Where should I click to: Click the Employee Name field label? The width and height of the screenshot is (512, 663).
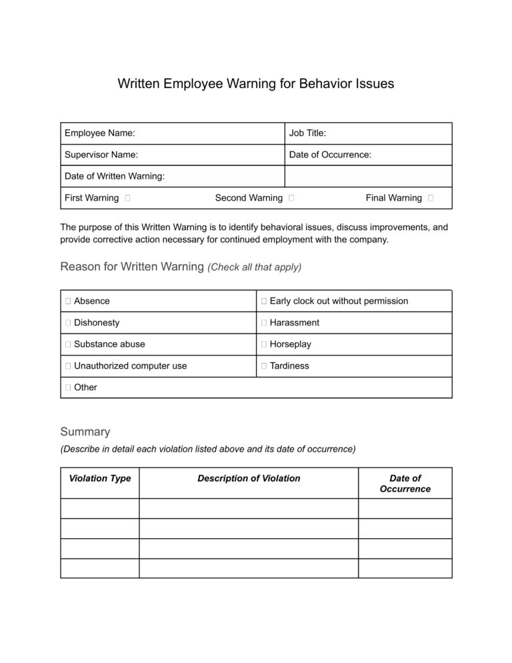pyautogui.click(x=99, y=133)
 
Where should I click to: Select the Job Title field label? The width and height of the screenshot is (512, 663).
pyautogui.click(x=307, y=133)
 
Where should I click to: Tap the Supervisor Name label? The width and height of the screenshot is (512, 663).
pyautogui.click(x=101, y=155)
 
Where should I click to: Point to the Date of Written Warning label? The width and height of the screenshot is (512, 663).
pyautogui.click(x=114, y=176)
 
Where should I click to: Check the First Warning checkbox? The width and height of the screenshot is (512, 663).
pyautogui.click(x=127, y=198)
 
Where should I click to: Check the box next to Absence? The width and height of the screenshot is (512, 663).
pyautogui.click(x=68, y=301)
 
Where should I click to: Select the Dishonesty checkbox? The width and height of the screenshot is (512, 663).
pyautogui.click(x=68, y=323)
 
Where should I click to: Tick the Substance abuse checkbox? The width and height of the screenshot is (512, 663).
pyautogui.click(x=68, y=344)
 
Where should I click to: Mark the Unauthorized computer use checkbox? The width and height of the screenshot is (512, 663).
pyautogui.click(x=68, y=366)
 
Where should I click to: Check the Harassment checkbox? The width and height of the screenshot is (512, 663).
pyautogui.click(x=264, y=323)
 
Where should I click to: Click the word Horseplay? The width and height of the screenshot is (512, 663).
pyautogui.click(x=290, y=344)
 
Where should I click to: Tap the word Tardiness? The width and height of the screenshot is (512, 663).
pyautogui.click(x=289, y=366)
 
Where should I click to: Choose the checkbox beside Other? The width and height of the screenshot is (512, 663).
pyautogui.click(x=68, y=388)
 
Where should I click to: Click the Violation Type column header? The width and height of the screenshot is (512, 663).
pyautogui.click(x=100, y=478)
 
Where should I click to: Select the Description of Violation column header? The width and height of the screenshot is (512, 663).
pyautogui.click(x=249, y=478)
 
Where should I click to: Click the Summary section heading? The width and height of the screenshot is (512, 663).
pyautogui.click(x=85, y=432)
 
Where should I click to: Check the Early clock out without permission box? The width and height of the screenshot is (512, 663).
pyautogui.click(x=264, y=301)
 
